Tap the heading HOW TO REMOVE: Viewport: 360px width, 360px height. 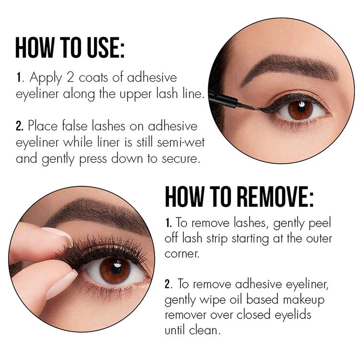[239, 197]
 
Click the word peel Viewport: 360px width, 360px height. [320, 223]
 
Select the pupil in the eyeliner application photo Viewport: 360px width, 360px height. [300, 110]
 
